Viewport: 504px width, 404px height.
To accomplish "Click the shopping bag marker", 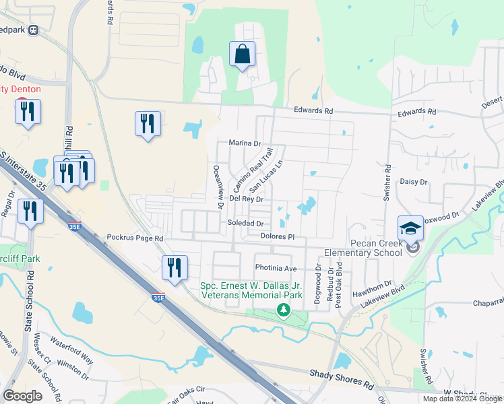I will click(x=242, y=55).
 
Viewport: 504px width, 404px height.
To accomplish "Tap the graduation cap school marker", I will click(x=410, y=228).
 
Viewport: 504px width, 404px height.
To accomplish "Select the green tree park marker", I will click(x=284, y=310).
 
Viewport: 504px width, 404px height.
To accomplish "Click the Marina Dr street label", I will click(x=245, y=143).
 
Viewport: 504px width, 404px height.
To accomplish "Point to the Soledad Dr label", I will click(x=245, y=224).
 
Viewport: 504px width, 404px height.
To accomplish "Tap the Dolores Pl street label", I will click(x=278, y=236).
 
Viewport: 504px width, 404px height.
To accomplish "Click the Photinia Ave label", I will click(x=276, y=268).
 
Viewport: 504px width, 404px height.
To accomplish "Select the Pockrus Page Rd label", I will click(x=135, y=238).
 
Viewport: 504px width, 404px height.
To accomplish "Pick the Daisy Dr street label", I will click(x=414, y=182).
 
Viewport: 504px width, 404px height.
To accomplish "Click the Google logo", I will click(x=22, y=396).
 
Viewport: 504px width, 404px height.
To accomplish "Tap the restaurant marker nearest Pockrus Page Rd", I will click(x=175, y=267).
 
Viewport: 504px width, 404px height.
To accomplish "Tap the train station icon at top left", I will click(x=33, y=30).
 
